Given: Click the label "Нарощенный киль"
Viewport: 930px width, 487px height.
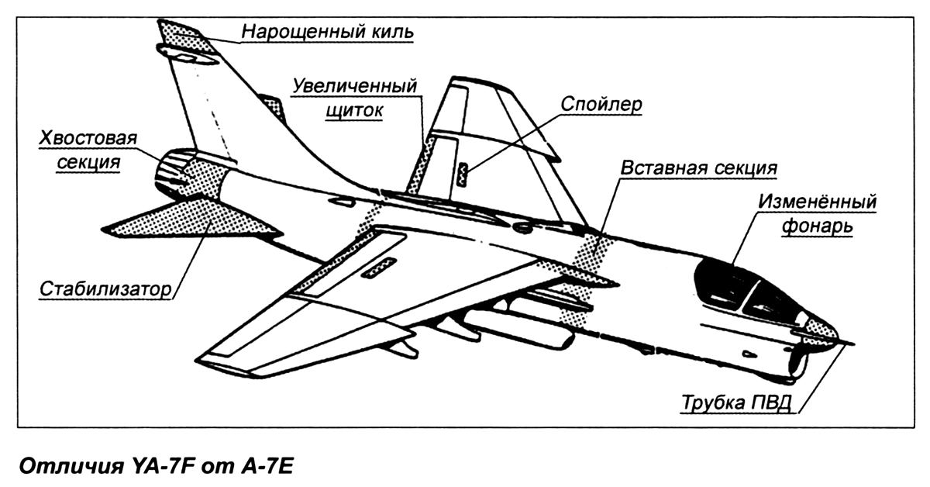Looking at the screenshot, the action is coord(328,32).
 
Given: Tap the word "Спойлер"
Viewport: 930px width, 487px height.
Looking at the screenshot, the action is coord(601,105).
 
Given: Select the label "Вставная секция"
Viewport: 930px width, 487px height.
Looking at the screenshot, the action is coord(699,168).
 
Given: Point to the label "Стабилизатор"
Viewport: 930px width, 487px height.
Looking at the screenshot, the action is coord(106,288).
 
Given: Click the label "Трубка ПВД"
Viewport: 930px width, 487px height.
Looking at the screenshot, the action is coord(737,402).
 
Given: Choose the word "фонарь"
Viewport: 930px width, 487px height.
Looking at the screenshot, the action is coord(817,226).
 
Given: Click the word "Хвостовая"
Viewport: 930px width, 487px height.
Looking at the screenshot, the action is coord(88,138).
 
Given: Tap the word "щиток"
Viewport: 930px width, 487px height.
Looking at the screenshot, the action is coord(354,111).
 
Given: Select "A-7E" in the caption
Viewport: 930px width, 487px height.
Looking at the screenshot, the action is coord(267,466).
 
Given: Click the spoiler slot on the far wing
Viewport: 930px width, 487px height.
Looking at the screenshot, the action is coord(462,175).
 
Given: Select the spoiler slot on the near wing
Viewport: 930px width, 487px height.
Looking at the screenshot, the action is coord(378,268).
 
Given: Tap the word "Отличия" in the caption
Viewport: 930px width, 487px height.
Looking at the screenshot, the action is coord(71,466).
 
